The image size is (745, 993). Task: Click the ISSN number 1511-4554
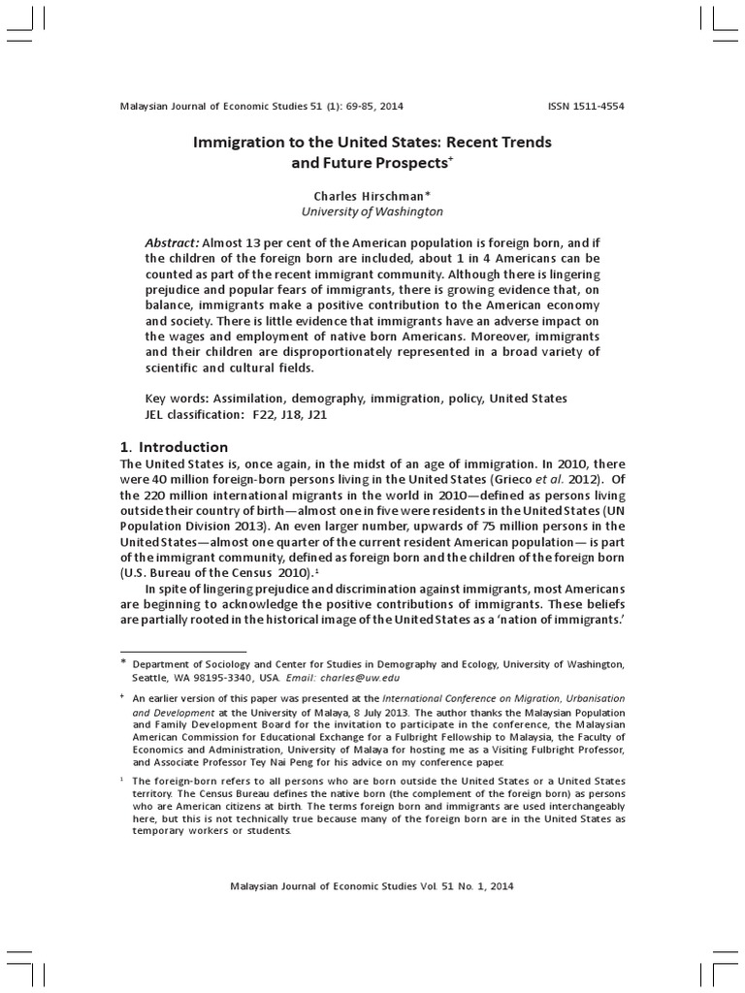pos(597,106)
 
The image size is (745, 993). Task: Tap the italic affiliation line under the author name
pos(372,210)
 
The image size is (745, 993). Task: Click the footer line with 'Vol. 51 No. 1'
pos(372,885)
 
